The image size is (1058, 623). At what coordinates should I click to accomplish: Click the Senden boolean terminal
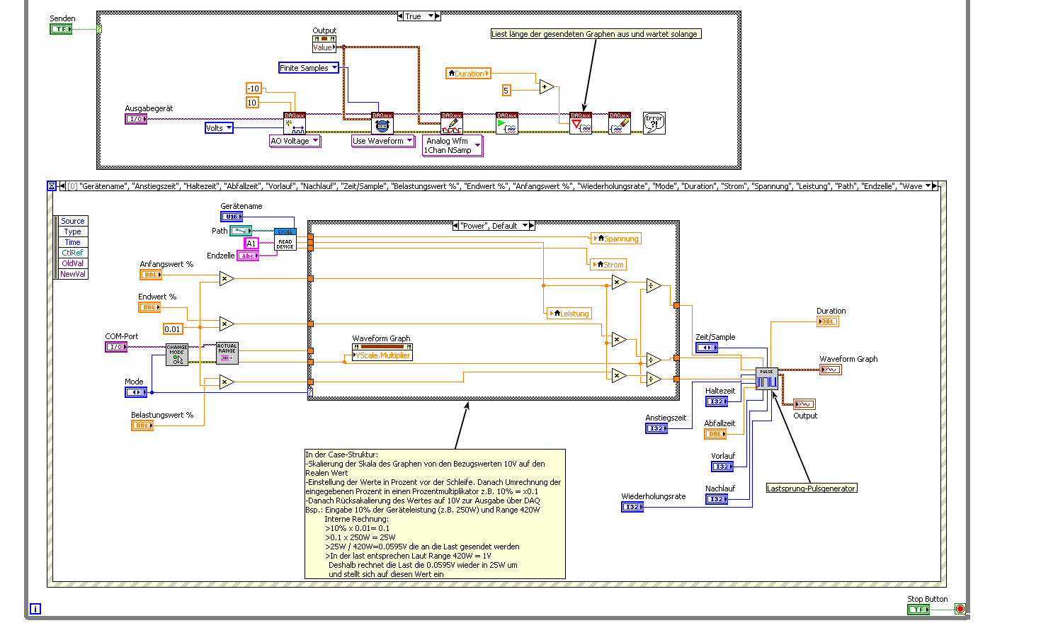coord(61,29)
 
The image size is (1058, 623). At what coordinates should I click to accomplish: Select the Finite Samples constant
coord(309,68)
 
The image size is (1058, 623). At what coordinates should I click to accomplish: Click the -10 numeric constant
coord(253,88)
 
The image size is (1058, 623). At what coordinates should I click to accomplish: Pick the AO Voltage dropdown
coord(295,141)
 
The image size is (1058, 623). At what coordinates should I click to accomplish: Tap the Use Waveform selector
coord(382,141)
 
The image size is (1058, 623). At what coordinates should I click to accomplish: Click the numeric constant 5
coord(506,91)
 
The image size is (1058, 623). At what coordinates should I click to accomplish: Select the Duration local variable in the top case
coord(468,74)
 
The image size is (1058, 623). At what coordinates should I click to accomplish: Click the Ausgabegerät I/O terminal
coord(135,119)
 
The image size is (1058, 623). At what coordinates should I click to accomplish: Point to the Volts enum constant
coord(219,128)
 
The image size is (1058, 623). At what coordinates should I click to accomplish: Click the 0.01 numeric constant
coord(173,329)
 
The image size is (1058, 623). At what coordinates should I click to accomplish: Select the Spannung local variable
coord(616,239)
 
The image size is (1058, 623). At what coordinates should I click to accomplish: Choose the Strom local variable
coord(609,265)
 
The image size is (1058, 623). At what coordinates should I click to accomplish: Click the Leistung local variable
coord(569,314)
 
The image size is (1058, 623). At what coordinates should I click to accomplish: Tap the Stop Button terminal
coord(918,610)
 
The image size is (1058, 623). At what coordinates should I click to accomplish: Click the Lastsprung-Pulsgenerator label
coord(811,488)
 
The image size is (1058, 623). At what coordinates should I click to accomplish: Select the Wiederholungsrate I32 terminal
coord(632,507)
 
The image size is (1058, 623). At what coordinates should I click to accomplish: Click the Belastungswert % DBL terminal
coord(142,425)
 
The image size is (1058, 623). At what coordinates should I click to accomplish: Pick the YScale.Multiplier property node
coord(382,355)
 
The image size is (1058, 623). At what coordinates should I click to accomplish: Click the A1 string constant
coord(251,244)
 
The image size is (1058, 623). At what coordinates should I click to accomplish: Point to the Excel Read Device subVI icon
coord(285,239)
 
